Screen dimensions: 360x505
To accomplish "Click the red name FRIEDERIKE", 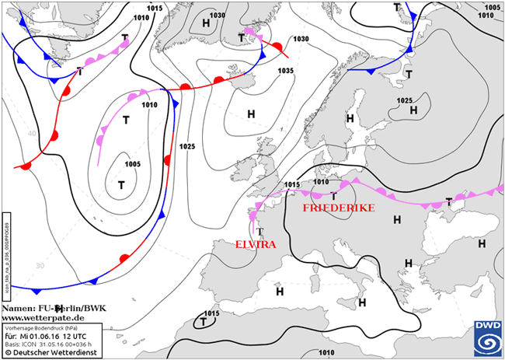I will [x=339, y=208].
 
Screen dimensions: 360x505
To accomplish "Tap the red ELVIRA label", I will [x=256, y=244].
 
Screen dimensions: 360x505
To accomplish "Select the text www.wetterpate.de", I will [x=44, y=318].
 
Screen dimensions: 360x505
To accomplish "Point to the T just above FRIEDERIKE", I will [x=333, y=196].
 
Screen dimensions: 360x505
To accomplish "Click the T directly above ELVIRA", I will [x=259, y=231].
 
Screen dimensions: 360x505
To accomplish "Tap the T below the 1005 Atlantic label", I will [x=121, y=185].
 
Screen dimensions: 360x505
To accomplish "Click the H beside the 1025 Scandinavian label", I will [x=413, y=110].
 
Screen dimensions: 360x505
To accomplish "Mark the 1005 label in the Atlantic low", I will [x=132, y=164].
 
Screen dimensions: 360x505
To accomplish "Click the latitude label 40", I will [x=32, y=133].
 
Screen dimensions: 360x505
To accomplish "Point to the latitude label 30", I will [x=40, y=265].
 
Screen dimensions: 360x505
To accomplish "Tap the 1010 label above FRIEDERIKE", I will [x=320, y=182].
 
